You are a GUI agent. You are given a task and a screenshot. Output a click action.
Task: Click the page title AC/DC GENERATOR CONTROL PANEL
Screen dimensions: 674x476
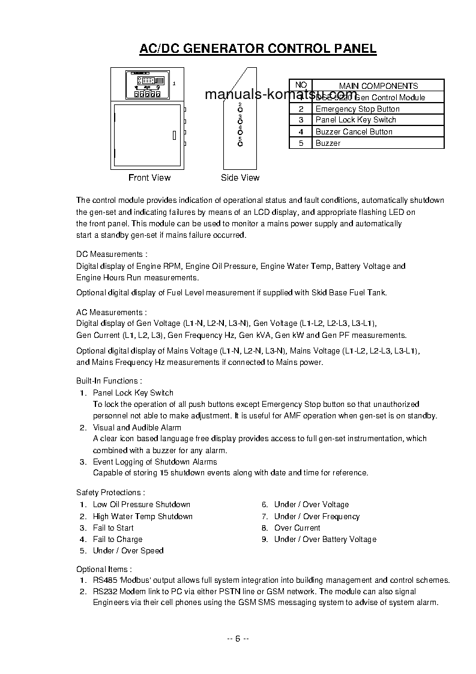[x=258, y=49]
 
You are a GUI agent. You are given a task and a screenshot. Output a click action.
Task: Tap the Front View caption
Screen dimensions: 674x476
[x=149, y=178]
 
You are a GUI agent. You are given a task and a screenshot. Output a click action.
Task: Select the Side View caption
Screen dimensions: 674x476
[x=240, y=178]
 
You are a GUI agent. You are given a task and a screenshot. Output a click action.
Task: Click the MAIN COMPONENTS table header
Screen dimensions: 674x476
[x=378, y=86]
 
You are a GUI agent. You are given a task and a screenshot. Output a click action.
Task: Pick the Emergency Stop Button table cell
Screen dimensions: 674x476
[x=357, y=109]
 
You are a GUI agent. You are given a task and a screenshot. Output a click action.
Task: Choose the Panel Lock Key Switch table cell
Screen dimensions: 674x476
[x=355, y=120]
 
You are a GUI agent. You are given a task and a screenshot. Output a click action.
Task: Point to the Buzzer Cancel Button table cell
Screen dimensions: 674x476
[x=354, y=131]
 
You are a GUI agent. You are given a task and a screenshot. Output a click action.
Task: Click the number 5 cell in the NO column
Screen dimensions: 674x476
[x=301, y=143]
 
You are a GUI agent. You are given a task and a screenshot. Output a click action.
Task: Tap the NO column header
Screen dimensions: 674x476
[x=301, y=86]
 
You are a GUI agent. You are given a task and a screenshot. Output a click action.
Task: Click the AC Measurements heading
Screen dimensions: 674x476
[x=111, y=312]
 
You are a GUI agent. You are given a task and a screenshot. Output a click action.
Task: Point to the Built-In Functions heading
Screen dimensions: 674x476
[x=109, y=381]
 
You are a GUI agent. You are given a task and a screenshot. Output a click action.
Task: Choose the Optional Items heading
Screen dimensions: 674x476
[x=104, y=569]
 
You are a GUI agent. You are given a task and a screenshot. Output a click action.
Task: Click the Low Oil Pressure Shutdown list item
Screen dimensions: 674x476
[x=141, y=505]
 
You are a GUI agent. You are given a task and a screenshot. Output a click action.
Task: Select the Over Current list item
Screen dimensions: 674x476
[x=297, y=528]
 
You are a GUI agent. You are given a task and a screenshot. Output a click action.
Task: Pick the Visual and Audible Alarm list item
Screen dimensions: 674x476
[x=137, y=428]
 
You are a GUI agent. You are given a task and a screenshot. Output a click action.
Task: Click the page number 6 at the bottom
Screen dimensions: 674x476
[x=238, y=638]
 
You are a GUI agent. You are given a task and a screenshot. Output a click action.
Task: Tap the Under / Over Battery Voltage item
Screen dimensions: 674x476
[x=325, y=540]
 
